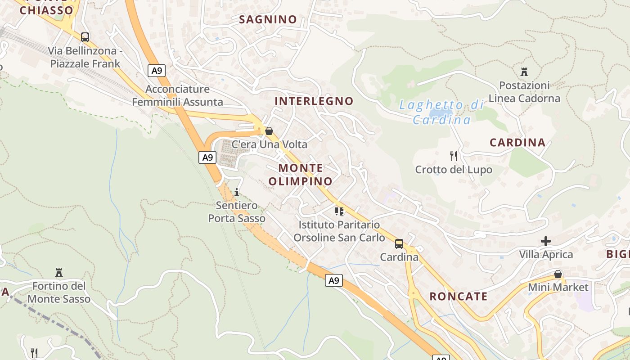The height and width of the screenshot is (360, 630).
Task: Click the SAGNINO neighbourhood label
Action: click(x=268, y=19)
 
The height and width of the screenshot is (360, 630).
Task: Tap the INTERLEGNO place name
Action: click(x=314, y=101)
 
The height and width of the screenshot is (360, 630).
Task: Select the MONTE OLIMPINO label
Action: click(x=301, y=175)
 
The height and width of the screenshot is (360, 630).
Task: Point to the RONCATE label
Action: click(x=459, y=296)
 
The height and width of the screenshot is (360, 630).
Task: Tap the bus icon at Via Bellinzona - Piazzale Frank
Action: click(x=85, y=37)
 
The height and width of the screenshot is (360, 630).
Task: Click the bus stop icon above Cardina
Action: click(x=399, y=244)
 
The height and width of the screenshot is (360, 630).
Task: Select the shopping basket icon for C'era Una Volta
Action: click(x=269, y=131)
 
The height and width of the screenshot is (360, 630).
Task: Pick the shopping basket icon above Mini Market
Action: click(x=558, y=274)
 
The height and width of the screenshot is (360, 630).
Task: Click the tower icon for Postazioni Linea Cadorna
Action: click(x=524, y=72)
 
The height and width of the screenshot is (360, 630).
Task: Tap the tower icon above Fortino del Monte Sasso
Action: click(x=58, y=273)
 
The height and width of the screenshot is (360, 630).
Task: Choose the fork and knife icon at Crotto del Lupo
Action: click(x=454, y=156)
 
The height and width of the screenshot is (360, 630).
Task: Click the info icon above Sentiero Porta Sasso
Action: click(x=237, y=192)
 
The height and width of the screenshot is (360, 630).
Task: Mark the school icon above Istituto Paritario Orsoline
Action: click(x=339, y=211)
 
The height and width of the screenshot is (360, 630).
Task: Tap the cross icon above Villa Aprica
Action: click(x=546, y=241)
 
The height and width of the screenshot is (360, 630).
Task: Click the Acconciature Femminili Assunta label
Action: click(x=177, y=95)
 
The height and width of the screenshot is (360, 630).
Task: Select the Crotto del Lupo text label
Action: click(x=454, y=170)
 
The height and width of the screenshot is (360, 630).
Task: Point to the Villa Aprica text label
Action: click(x=546, y=255)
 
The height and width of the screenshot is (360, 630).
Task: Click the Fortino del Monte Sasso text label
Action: click(x=59, y=292)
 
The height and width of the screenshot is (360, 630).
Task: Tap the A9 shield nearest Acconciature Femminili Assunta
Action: click(x=157, y=71)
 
